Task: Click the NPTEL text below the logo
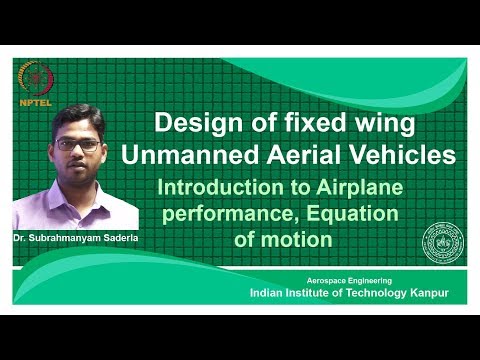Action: point(36,103)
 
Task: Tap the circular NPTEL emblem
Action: point(36,79)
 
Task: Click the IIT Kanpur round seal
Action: point(443,243)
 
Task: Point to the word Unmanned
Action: point(190,155)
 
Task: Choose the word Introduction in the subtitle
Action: point(220,188)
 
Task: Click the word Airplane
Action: point(359,189)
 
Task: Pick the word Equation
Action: point(352,215)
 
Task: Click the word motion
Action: point(296,240)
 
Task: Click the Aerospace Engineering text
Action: point(349,281)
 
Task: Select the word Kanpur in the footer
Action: point(429,293)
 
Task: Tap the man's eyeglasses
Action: point(77,145)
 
